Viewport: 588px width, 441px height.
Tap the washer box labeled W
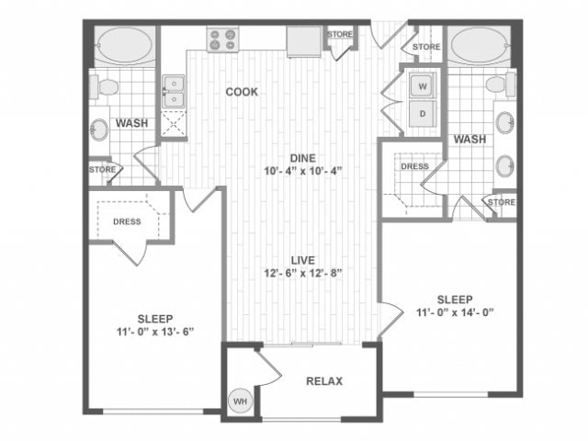coord(424,86)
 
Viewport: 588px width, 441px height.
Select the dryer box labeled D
coord(424,113)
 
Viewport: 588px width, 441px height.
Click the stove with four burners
coord(222,40)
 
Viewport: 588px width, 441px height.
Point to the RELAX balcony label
coord(324,380)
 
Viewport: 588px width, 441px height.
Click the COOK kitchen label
coord(243,92)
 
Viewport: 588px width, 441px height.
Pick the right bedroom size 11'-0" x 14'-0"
coord(455,312)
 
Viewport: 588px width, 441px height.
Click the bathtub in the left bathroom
coord(125,44)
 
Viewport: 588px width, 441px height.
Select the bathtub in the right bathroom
coord(478,44)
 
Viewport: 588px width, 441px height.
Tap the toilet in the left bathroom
coord(105,87)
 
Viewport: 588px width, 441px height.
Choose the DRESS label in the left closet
coord(127,220)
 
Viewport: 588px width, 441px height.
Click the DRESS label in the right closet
coord(414,166)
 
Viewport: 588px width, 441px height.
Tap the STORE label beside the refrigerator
coord(340,35)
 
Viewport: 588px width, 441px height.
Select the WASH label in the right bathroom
coord(469,139)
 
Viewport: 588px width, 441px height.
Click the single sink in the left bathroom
coord(100,130)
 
